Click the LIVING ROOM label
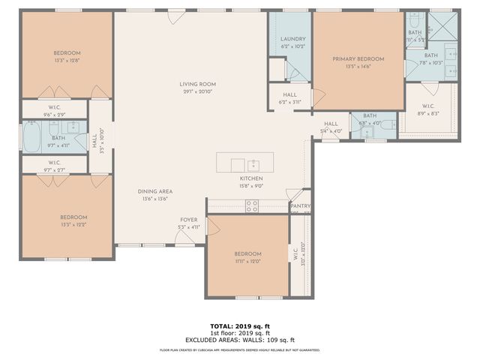197,83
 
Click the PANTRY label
300,206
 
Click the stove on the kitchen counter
252,205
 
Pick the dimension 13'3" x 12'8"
67,61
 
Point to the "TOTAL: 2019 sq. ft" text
239,325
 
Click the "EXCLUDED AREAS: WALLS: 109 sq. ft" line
239,340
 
